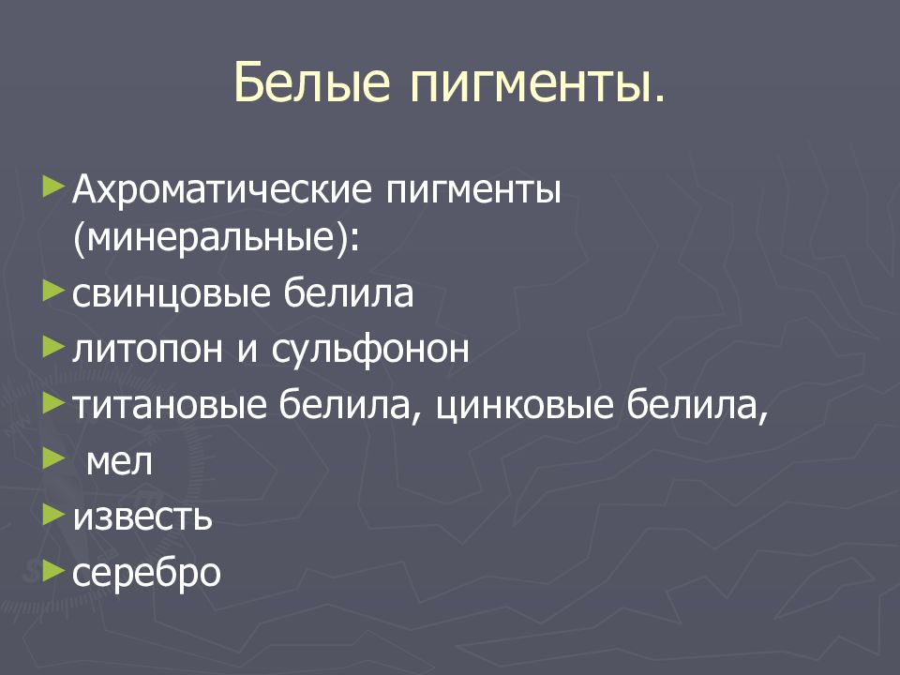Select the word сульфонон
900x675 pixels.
point(370,350)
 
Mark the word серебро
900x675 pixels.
point(146,572)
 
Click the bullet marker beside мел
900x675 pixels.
point(54,457)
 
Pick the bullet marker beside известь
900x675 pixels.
point(54,513)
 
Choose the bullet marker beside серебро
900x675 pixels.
point(54,568)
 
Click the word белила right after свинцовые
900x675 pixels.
point(347,294)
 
